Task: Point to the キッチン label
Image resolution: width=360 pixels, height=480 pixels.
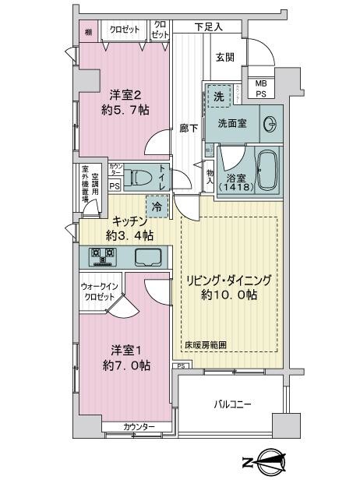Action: [129, 221]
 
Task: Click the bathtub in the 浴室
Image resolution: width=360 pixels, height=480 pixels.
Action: [266, 172]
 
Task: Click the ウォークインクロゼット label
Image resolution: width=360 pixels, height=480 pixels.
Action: [98, 292]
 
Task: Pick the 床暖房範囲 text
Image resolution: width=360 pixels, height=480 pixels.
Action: [205, 344]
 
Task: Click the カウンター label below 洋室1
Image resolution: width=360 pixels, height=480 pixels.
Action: [139, 426]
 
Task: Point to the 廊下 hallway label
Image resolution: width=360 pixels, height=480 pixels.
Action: [185, 128]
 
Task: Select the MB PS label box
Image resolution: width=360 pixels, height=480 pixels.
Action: [256, 89]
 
